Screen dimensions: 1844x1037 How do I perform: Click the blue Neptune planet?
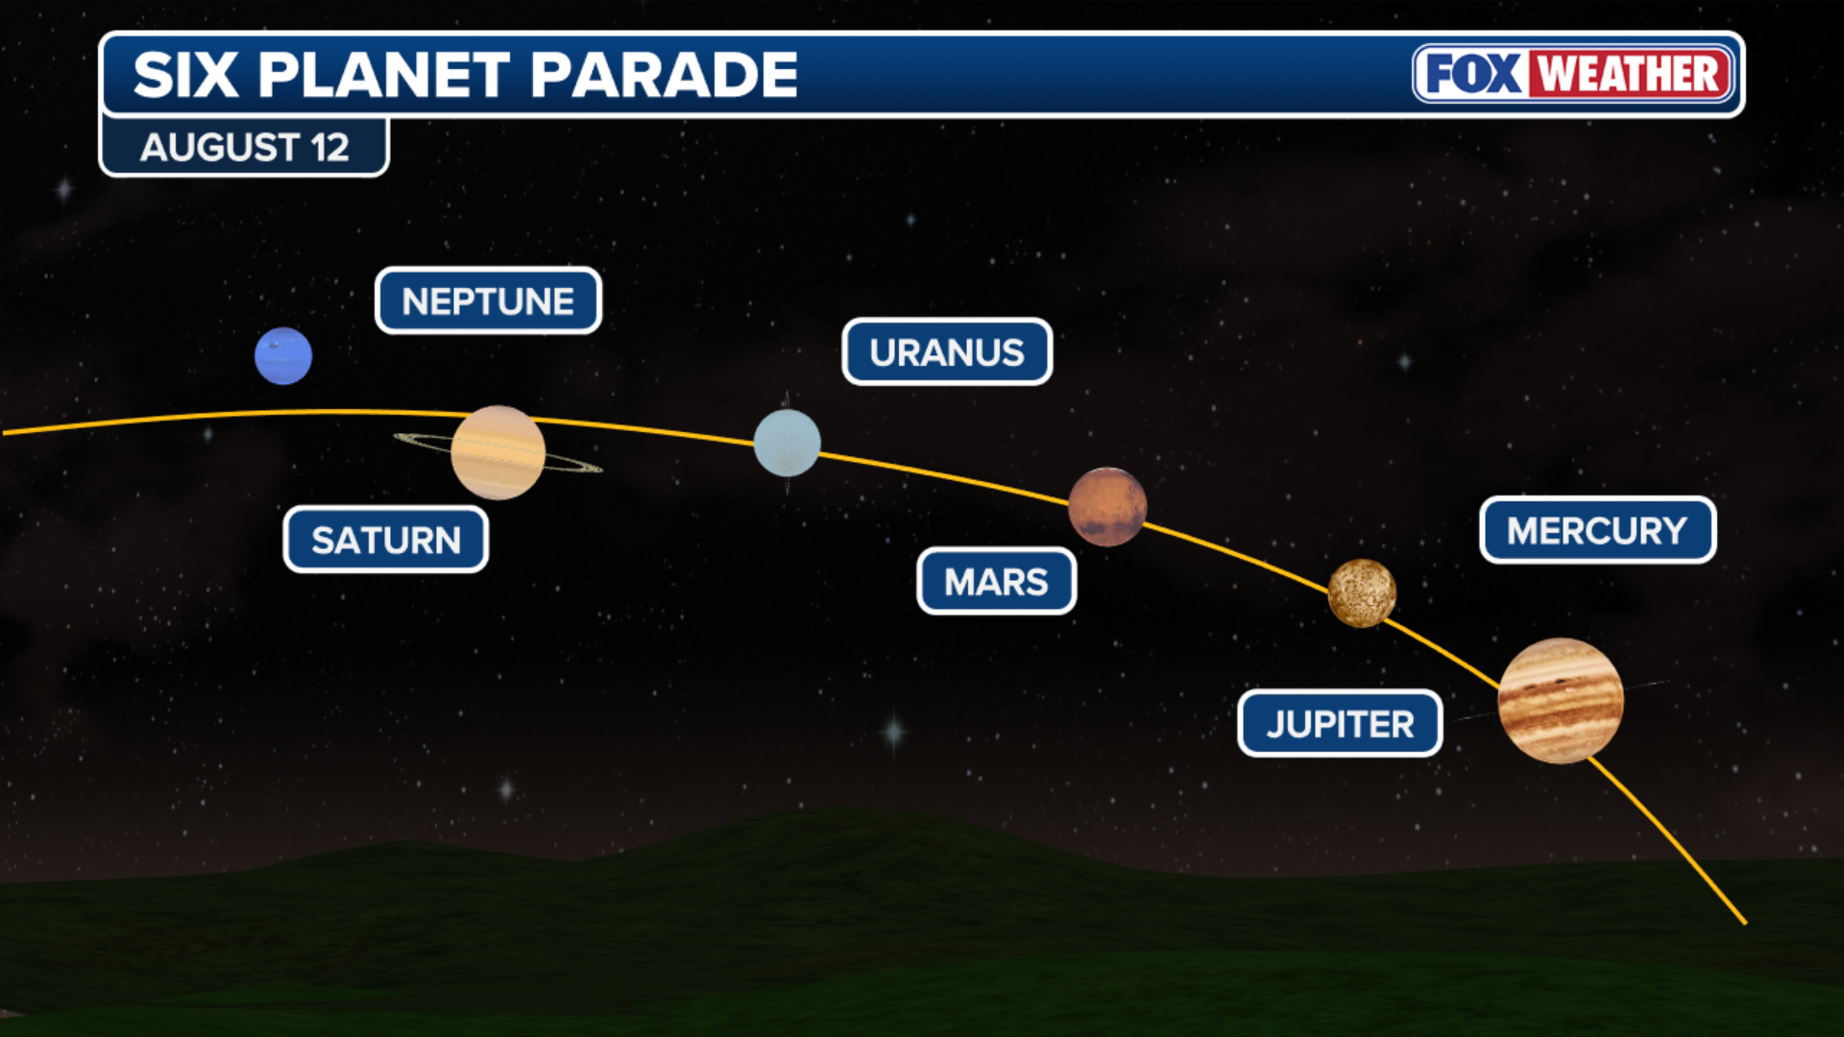tap(283, 356)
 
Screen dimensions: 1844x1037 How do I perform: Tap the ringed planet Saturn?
tap(497, 452)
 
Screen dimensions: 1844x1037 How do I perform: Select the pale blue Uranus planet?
tap(788, 443)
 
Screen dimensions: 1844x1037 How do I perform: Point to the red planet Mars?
tap(1107, 507)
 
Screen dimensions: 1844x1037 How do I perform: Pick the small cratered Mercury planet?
tap(1362, 593)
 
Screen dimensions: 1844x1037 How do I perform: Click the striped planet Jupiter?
tap(1561, 701)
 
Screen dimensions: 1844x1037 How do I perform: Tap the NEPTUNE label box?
tap(488, 301)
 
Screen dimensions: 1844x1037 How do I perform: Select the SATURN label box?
tap(386, 540)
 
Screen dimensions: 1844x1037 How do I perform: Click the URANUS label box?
tap(947, 352)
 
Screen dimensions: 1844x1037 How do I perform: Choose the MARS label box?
tap(997, 582)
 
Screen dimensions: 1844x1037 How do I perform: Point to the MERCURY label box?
tap(1597, 530)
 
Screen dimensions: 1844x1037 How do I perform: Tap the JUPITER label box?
tap(1340, 724)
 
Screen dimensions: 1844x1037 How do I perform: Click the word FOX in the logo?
tap(1473, 74)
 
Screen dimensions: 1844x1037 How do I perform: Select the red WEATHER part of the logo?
tap(1630, 74)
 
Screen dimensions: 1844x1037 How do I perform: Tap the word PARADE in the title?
tap(664, 75)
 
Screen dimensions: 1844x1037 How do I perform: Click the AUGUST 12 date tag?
tap(244, 147)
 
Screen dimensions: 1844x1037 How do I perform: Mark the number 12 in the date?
tap(329, 148)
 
